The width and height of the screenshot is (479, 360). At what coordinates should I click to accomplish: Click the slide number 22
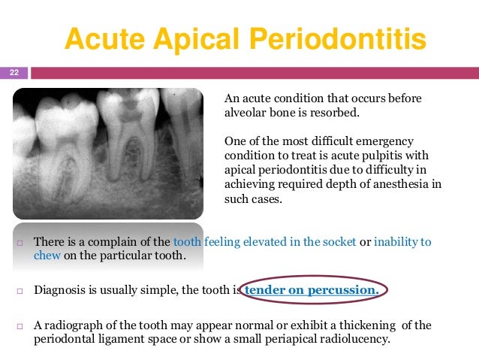point(14,72)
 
